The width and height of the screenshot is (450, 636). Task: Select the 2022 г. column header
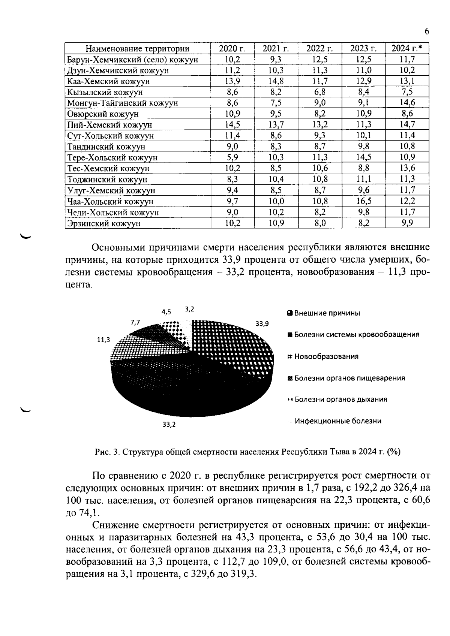pos(319,48)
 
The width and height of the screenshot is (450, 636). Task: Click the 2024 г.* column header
pos(407,48)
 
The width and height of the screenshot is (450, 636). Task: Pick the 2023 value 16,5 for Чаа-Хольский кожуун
pos(363,201)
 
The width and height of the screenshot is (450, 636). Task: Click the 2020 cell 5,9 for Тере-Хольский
pos(232,157)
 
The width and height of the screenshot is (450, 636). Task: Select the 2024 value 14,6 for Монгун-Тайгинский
pos(407,103)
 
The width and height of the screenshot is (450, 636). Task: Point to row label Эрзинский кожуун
pos(104,223)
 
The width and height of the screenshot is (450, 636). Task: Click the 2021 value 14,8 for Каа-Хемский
pos(276,81)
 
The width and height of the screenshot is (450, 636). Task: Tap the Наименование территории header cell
pos(138,49)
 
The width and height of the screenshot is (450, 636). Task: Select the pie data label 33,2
pos(169,425)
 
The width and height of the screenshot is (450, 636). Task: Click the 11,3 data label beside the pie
pos(103,340)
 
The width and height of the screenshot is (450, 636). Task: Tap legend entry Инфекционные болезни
pos(337,421)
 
